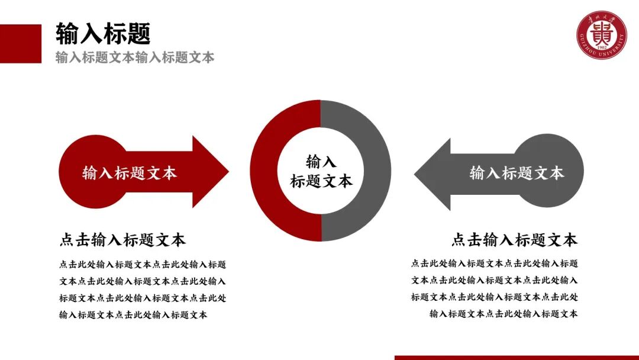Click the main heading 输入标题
tap(103, 34)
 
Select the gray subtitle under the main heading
tap(135, 57)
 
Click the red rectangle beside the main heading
tap(21, 43)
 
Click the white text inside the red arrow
tap(130, 173)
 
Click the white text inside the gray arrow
tap(517, 173)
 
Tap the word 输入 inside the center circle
tap(321, 161)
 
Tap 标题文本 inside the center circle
tap(321, 181)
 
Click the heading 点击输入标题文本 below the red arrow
tap(122, 240)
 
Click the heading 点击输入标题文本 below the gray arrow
tap(514, 240)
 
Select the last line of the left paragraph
tap(133, 315)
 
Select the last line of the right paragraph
tap(504, 314)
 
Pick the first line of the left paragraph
tap(142, 265)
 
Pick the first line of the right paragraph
tap(495, 263)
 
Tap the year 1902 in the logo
tap(602, 47)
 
